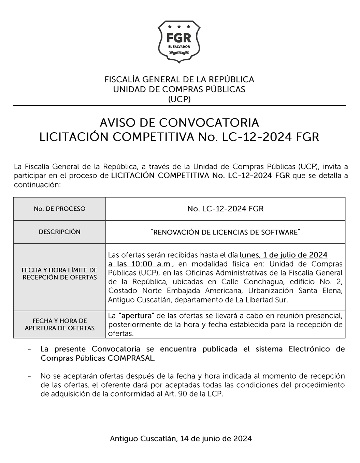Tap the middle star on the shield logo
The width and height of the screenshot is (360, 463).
(179, 26)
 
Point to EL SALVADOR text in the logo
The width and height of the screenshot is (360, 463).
(179, 46)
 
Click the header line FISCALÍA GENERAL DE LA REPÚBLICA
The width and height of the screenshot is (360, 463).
(179, 79)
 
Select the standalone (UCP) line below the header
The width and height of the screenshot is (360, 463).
(179, 99)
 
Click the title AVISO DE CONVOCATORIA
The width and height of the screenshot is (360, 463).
(179, 122)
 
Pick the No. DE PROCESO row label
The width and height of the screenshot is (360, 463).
(60, 209)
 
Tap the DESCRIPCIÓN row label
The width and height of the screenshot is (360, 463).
(60, 232)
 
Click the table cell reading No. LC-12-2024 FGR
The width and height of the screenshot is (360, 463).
(225, 209)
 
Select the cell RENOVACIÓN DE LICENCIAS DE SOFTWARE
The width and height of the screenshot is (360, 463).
(225, 232)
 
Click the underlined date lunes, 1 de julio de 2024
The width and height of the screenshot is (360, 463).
(284, 255)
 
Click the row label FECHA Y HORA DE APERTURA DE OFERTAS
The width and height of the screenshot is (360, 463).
(60, 324)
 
